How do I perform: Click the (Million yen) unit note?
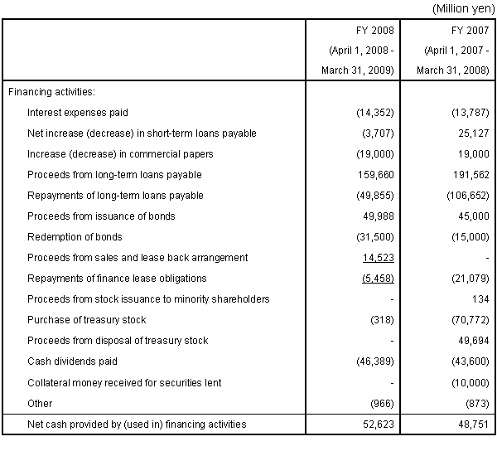(x=463, y=8)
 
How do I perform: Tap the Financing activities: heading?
(x=51, y=92)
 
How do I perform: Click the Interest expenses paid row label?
(x=78, y=113)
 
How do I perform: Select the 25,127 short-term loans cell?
(x=474, y=133)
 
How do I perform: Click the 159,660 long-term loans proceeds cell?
(x=376, y=175)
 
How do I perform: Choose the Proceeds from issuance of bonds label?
(x=101, y=216)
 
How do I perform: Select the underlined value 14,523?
(x=379, y=257)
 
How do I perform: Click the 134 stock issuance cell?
(x=480, y=299)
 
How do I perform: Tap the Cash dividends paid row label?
(x=72, y=361)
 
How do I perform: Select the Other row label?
(x=40, y=403)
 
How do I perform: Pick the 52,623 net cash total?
(x=379, y=424)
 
